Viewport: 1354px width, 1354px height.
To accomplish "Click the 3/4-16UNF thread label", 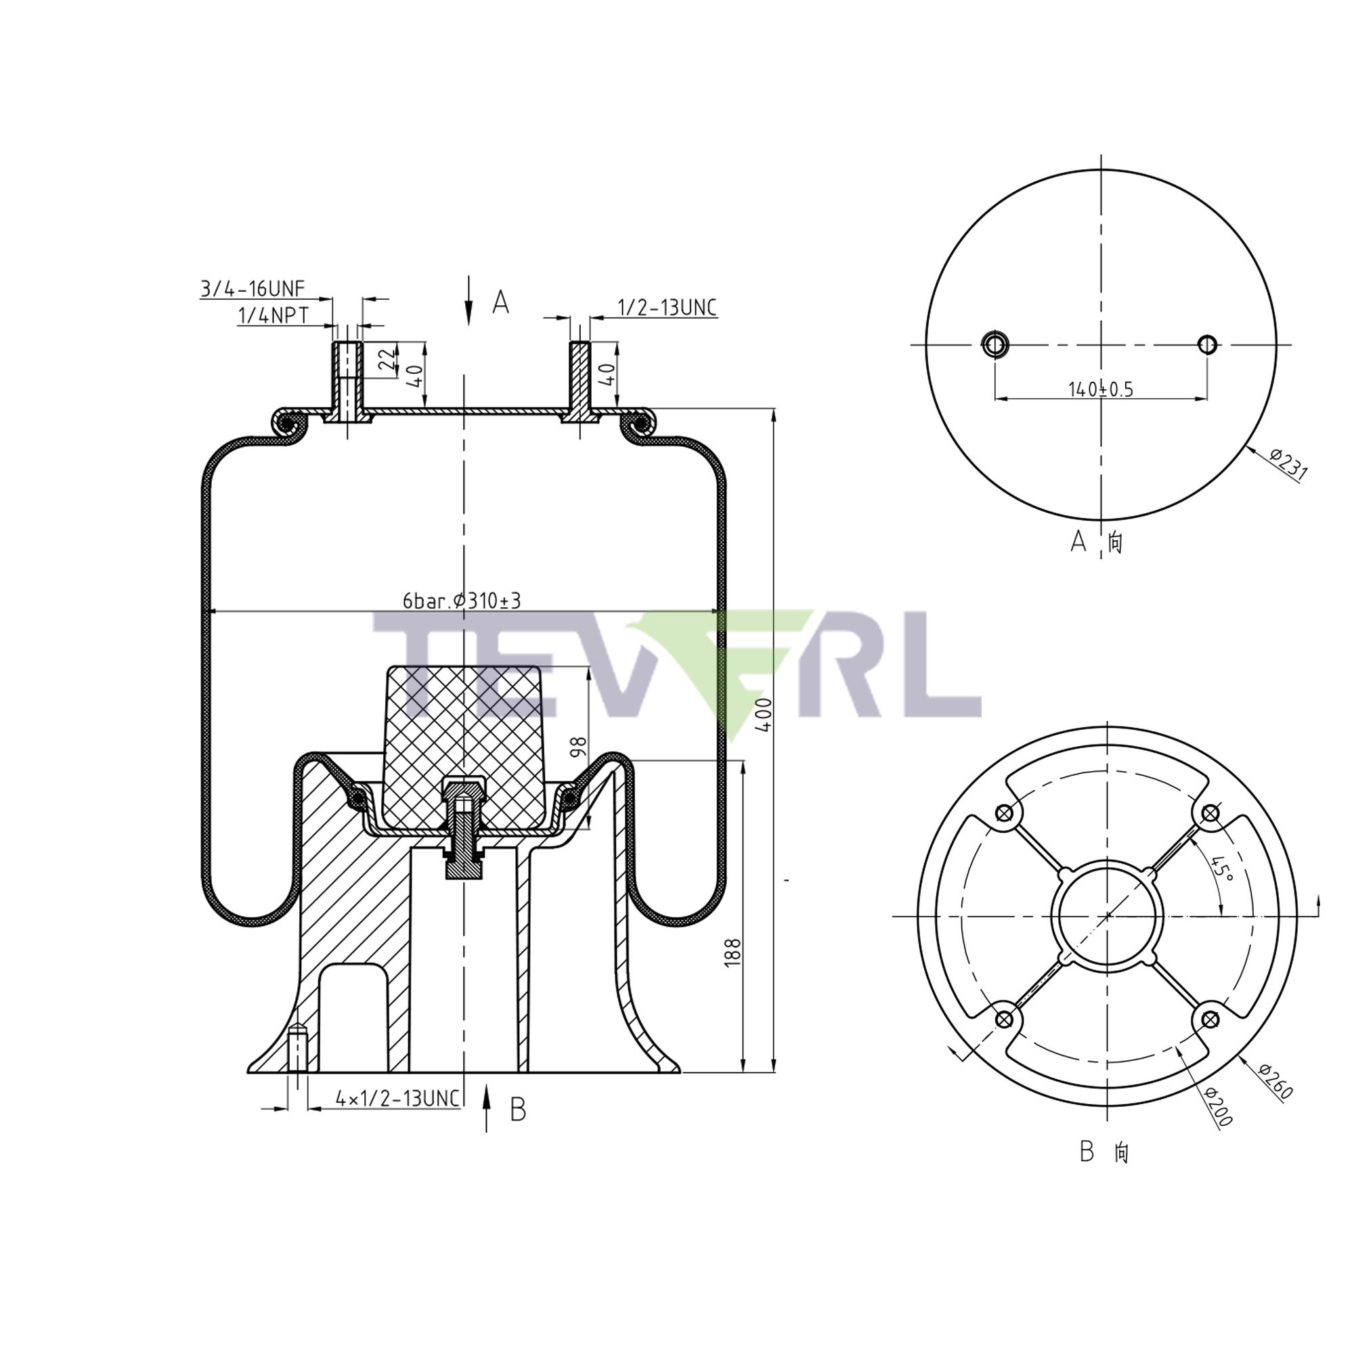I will [253, 289].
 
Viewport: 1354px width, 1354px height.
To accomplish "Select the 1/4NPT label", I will [274, 316].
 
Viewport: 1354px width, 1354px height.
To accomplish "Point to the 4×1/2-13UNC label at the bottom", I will [397, 1098].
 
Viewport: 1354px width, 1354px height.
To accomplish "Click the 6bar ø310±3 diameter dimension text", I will [462, 600].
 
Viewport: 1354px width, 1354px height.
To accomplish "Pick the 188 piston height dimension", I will [733, 953].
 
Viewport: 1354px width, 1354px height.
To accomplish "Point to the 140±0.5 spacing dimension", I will [1100, 389].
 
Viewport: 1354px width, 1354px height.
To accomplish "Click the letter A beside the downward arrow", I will [500, 303].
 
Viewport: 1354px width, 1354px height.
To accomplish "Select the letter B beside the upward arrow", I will [517, 1110].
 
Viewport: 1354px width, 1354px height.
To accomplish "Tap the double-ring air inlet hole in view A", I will [994, 344].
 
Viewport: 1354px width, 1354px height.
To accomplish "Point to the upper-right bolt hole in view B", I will [1210, 813].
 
